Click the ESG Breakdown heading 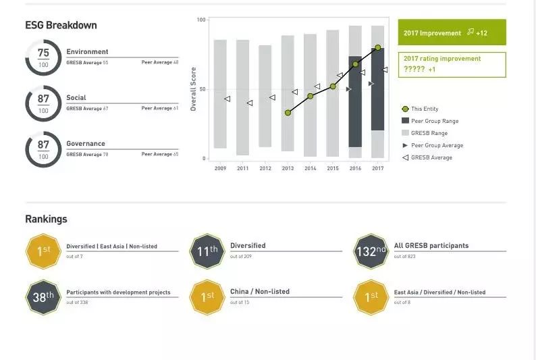[x=61, y=25]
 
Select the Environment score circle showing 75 [x=43, y=57]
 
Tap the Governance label [x=86, y=144]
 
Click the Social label [x=76, y=98]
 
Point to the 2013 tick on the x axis [x=288, y=168]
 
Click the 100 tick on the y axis [x=201, y=20]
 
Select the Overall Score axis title [x=194, y=88]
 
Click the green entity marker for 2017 [x=377, y=48]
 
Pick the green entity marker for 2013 [x=288, y=113]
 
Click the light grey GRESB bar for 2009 [x=220, y=94]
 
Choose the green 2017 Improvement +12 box [x=452, y=32]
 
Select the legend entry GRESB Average [x=431, y=157]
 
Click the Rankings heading [x=46, y=219]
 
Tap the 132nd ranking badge [x=371, y=251]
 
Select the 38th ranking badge [x=43, y=297]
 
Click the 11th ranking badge [x=207, y=251]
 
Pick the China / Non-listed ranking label [x=260, y=292]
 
